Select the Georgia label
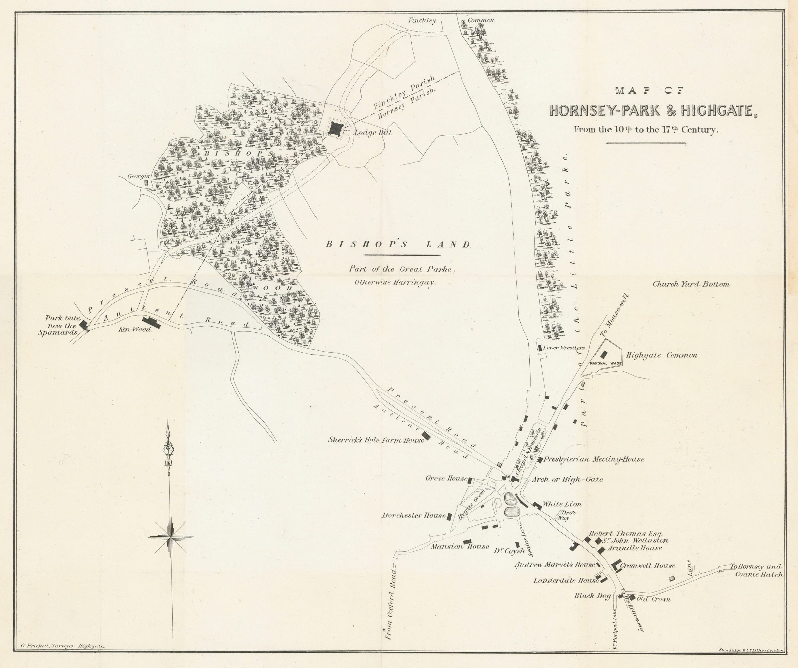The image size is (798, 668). [x=138, y=176]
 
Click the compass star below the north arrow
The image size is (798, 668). [x=171, y=537]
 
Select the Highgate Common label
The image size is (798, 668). [x=662, y=356]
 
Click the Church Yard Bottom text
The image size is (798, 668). [x=691, y=284]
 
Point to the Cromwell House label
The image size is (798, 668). [x=647, y=565]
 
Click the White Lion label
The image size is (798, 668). [x=562, y=504]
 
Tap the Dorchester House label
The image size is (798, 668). [x=413, y=516]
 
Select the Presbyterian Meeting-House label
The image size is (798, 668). [x=594, y=459]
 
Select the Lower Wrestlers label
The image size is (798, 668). [x=564, y=348]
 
